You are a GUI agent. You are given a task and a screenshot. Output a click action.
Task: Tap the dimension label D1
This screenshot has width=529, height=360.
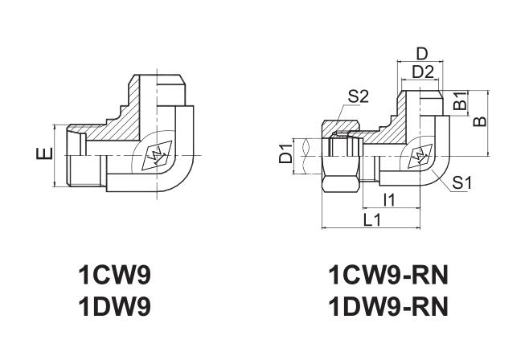285,154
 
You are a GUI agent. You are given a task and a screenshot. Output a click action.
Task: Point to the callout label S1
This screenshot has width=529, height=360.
461,182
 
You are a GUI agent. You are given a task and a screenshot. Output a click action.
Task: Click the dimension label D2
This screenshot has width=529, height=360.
422,73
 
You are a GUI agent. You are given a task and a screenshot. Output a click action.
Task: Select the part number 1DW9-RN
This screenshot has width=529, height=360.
387,307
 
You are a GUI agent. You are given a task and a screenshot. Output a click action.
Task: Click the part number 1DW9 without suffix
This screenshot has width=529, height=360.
113,307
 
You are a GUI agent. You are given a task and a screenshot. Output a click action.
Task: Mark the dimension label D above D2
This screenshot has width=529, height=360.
422,54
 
